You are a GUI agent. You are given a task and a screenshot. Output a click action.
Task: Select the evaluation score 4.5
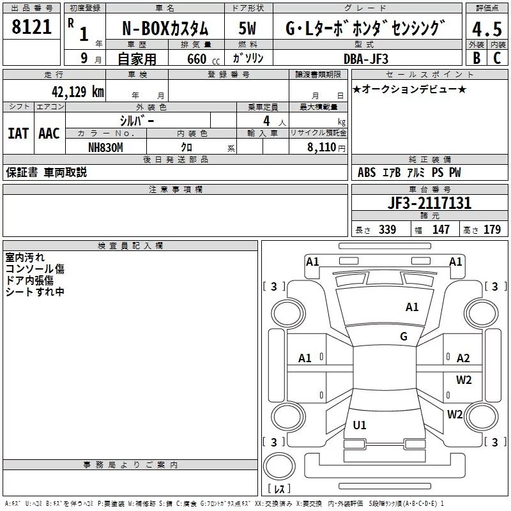tap(486, 29)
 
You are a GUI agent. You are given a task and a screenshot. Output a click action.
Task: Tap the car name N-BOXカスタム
tap(165, 29)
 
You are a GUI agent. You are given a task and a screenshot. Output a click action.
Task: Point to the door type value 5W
tap(248, 29)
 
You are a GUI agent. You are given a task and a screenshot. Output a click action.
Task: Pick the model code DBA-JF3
tap(366, 58)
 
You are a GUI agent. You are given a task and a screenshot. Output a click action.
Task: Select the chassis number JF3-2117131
tap(429, 203)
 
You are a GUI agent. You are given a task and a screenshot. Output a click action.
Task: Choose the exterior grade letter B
tap(476, 58)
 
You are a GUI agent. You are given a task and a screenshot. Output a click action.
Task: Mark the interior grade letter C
tap(496, 58)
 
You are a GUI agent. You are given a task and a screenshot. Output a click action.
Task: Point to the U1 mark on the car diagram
tap(360, 425)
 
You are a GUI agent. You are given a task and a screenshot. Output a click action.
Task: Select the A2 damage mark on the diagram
tap(463, 358)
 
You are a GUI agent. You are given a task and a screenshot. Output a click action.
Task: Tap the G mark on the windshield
tap(404, 337)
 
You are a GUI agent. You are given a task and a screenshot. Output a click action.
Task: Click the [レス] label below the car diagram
tap(279, 489)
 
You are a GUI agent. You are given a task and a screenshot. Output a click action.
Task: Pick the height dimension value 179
tap(492, 230)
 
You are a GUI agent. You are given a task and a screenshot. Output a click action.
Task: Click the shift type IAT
tap(18, 133)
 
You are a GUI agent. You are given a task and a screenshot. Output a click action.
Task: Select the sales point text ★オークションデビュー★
tap(409, 89)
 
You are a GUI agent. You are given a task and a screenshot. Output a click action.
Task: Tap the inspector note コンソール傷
tap(34, 269)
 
